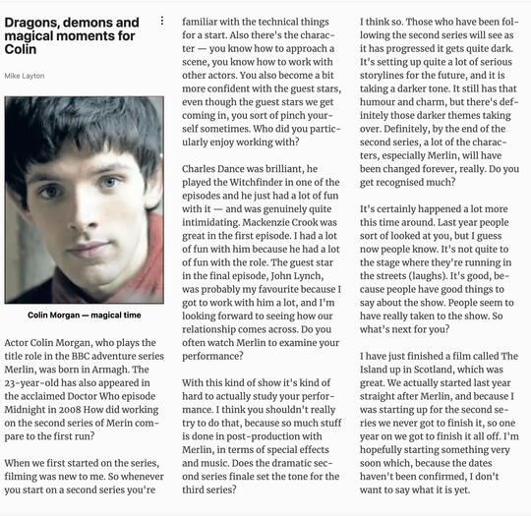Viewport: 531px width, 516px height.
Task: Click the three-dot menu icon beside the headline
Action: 162,21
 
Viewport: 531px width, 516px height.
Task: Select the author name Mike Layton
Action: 25,75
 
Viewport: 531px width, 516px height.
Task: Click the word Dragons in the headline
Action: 32,22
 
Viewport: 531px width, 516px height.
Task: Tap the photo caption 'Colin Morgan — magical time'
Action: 85,315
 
